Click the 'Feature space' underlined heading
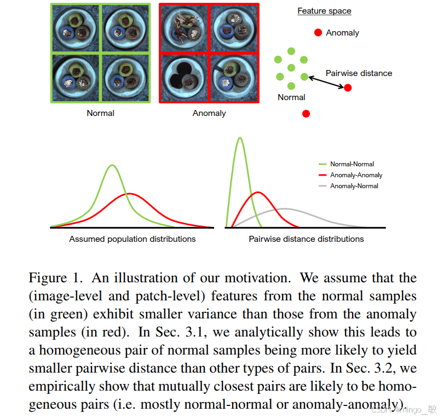(324, 11)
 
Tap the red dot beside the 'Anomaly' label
(318, 33)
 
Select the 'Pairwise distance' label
(359, 73)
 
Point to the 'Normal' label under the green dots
(291, 97)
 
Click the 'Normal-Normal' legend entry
(352, 164)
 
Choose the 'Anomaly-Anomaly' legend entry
(356, 175)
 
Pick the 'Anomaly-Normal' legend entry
(354, 186)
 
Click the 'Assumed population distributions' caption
(133, 239)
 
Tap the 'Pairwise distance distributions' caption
(306, 239)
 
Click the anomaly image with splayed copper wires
(183, 28)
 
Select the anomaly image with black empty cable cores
(183, 78)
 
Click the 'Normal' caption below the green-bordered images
(101, 113)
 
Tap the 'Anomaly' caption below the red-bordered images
(209, 113)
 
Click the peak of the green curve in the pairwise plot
(240, 138)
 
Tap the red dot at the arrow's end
(348, 88)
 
